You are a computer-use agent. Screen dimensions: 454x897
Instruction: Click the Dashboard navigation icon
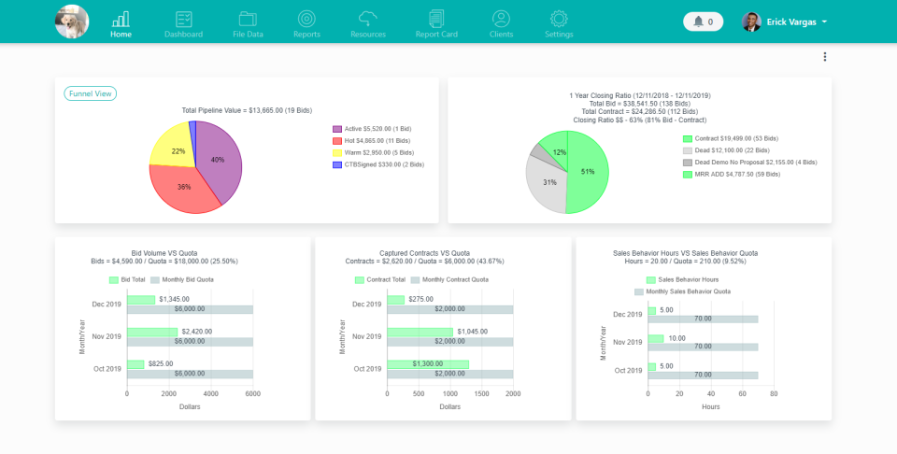183,19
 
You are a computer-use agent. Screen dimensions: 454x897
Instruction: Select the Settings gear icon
559,19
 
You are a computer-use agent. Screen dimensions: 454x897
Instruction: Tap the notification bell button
703,21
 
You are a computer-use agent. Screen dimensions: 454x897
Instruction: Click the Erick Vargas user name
790,21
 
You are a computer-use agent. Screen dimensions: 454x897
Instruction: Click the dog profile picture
72,21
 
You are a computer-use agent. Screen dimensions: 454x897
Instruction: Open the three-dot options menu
824,57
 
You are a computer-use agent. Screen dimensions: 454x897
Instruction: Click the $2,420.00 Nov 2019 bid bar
152,332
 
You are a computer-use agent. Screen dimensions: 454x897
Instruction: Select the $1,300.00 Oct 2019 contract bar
428,364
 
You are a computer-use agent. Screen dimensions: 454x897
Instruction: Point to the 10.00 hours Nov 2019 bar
656,338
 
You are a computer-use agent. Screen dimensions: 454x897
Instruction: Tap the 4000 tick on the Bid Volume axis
210,394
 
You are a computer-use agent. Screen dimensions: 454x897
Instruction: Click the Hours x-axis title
710,406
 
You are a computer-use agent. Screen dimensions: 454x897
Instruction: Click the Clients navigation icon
501,19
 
